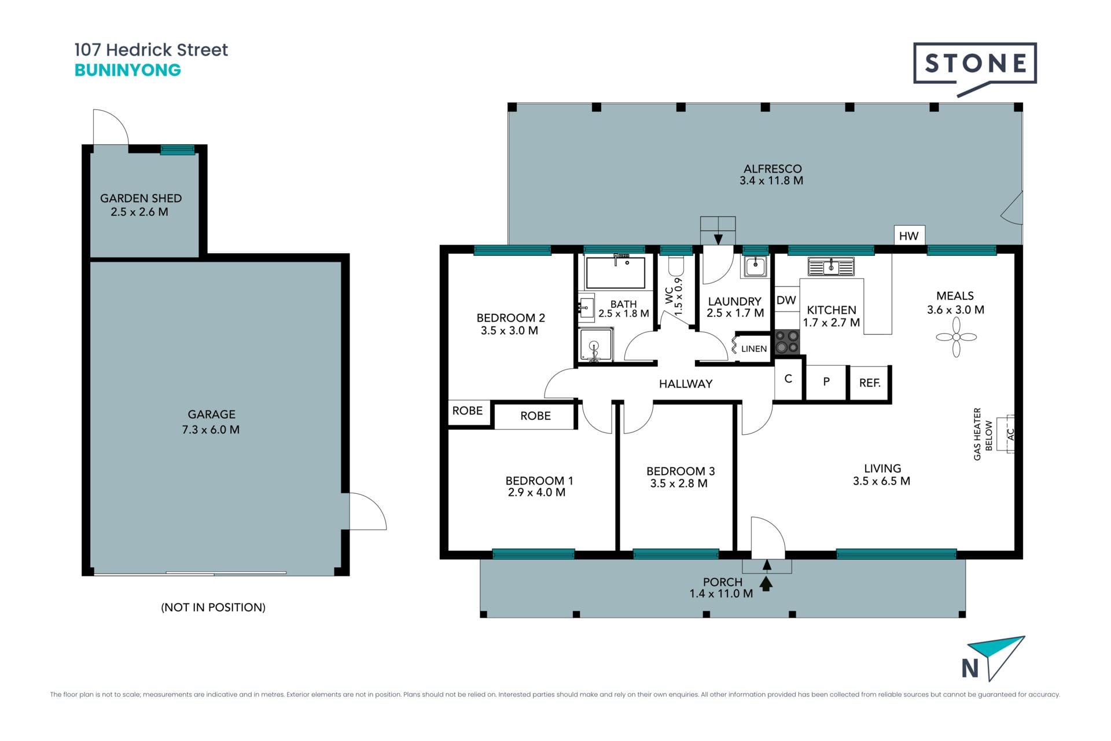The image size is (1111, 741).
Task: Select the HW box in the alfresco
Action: (909, 236)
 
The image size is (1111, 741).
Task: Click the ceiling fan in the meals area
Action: (956, 337)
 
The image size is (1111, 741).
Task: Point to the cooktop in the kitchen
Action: (787, 342)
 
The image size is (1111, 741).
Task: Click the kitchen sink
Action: (831, 267)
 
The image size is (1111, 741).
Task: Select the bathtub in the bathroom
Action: (615, 273)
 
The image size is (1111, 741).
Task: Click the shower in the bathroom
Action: (595, 346)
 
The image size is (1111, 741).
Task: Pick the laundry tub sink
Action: (755, 266)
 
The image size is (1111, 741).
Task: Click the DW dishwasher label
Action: (786, 300)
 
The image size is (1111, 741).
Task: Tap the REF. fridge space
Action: (870, 383)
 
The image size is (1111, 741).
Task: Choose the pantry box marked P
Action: (826, 382)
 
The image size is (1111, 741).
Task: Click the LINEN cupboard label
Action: (754, 349)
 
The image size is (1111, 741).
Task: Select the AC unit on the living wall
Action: (1010, 433)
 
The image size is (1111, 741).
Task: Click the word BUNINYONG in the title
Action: (128, 70)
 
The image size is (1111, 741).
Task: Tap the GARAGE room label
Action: (211, 414)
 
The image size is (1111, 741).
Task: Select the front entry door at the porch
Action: (768, 538)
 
